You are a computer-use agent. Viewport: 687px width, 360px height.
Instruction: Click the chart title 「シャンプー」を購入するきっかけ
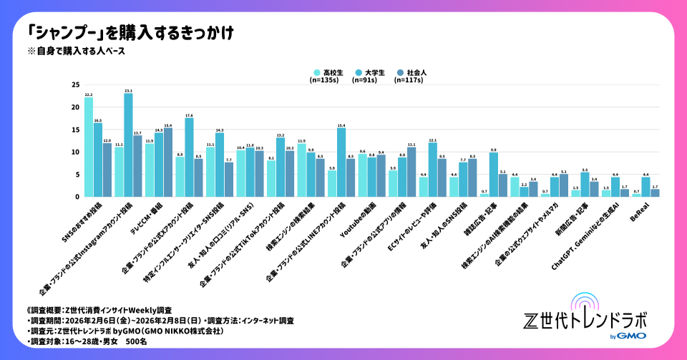click(x=129, y=33)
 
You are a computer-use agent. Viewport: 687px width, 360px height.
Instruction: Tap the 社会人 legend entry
click(x=411, y=73)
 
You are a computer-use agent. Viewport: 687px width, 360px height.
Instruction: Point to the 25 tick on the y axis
click(x=75, y=84)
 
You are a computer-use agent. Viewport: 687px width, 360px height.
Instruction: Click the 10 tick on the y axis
click(x=75, y=152)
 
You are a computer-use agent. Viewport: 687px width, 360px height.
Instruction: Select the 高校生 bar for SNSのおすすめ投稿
click(x=89, y=147)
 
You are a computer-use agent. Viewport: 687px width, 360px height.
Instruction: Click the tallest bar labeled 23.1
click(x=128, y=145)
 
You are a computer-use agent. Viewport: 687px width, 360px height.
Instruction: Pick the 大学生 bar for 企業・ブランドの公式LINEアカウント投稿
click(x=341, y=162)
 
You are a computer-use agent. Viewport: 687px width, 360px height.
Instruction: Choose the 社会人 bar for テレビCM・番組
click(x=168, y=162)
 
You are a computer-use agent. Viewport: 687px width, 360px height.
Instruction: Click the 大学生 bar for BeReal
click(x=646, y=186)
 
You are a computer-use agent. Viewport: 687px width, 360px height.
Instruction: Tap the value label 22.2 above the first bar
click(x=89, y=94)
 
